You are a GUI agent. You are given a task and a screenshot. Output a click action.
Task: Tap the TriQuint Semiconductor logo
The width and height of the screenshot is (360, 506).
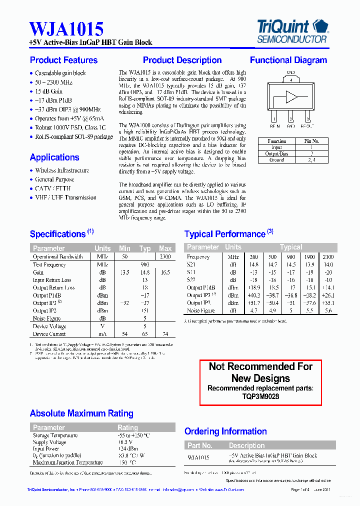(x=292, y=30)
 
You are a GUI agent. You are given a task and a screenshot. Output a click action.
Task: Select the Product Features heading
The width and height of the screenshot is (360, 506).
(x=63, y=60)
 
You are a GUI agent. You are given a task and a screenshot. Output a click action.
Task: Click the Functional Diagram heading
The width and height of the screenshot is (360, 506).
(x=288, y=60)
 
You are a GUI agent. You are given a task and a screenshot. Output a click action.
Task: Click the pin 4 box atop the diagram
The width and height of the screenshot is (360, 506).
(x=291, y=79)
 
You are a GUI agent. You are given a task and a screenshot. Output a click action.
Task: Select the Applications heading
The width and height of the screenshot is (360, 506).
(x=54, y=157)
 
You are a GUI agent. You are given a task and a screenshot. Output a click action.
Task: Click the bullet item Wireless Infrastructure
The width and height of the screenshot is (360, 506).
(x=62, y=170)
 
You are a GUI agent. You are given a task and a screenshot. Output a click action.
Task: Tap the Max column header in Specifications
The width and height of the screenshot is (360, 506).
(x=165, y=248)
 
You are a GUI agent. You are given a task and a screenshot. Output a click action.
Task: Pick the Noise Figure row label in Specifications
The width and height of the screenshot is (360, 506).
(x=47, y=318)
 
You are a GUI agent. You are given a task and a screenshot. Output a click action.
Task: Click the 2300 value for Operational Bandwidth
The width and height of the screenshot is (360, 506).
(x=165, y=256)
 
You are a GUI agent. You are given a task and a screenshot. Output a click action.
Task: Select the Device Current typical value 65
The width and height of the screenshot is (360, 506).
(x=145, y=334)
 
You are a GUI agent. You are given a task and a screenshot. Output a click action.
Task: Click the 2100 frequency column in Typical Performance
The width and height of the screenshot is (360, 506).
(x=328, y=256)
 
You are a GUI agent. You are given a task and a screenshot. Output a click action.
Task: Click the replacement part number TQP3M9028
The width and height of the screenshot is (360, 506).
(x=260, y=396)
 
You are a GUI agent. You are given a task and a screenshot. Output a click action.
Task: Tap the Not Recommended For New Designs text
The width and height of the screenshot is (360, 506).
(x=260, y=372)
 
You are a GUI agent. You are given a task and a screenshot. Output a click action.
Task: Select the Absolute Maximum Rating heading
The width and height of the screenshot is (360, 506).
(x=81, y=413)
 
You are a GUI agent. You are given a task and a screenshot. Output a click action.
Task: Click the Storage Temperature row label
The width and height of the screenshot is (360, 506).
(x=55, y=435)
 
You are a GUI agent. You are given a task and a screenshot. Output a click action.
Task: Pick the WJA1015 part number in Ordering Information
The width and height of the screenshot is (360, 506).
(x=198, y=457)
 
